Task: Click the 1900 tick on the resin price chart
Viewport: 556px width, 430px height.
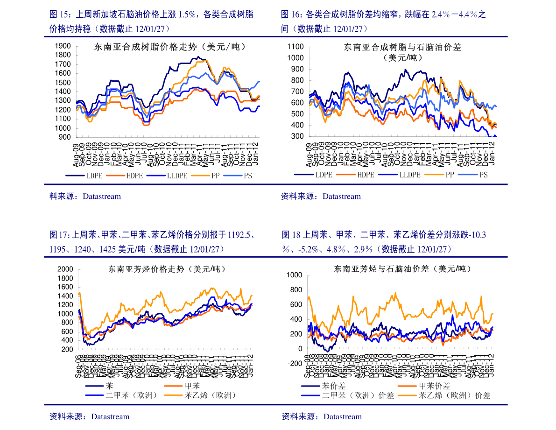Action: tap(63, 46)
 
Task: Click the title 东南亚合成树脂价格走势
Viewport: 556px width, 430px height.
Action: tap(170, 47)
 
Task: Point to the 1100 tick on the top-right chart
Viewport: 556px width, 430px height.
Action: tap(296, 47)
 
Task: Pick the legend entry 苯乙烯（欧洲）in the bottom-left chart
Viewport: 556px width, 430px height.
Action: tap(211, 395)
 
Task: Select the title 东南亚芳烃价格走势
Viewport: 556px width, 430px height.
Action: tap(167, 269)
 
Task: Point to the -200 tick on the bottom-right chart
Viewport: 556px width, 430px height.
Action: tap(295, 364)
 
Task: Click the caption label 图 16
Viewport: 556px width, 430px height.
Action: tap(291, 14)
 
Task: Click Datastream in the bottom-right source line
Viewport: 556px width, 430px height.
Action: tap(342, 416)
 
